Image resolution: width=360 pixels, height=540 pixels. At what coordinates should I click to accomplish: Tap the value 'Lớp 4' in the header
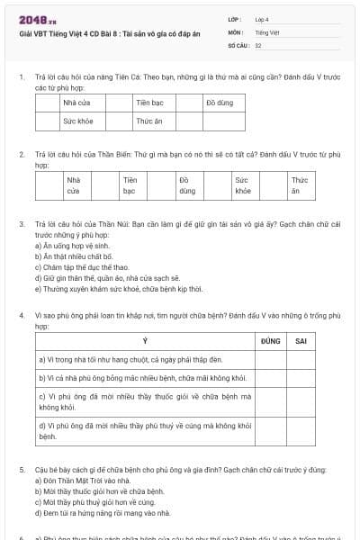pyautogui.click(x=262, y=18)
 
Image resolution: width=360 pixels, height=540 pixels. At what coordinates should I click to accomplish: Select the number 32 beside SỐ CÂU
pyautogui.click(x=258, y=44)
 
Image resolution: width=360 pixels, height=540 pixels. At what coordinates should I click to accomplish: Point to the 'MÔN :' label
pyautogui.click(x=236, y=31)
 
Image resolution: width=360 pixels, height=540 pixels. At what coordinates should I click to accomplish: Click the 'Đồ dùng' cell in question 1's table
pyautogui.click(x=220, y=103)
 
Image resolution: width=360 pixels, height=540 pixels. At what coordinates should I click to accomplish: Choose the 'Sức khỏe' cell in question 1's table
pyautogui.click(x=77, y=120)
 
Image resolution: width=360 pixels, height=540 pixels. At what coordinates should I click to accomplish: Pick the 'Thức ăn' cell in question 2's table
pyautogui.click(x=300, y=185)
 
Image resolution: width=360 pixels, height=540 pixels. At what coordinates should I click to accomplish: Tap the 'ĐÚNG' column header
pyautogui.click(x=270, y=341)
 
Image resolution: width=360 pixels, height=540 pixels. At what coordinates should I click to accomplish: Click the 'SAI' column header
pyautogui.click(x=301, y=341)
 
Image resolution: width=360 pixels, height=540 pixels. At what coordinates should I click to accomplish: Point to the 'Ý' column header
pyautogui.click(x=145, y=341)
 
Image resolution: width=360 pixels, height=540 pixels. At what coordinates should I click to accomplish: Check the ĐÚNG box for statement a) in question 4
pyautogui.click(x=270, y=359)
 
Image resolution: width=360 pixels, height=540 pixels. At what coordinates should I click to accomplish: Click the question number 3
pyautogui.click(x=21, y=222)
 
